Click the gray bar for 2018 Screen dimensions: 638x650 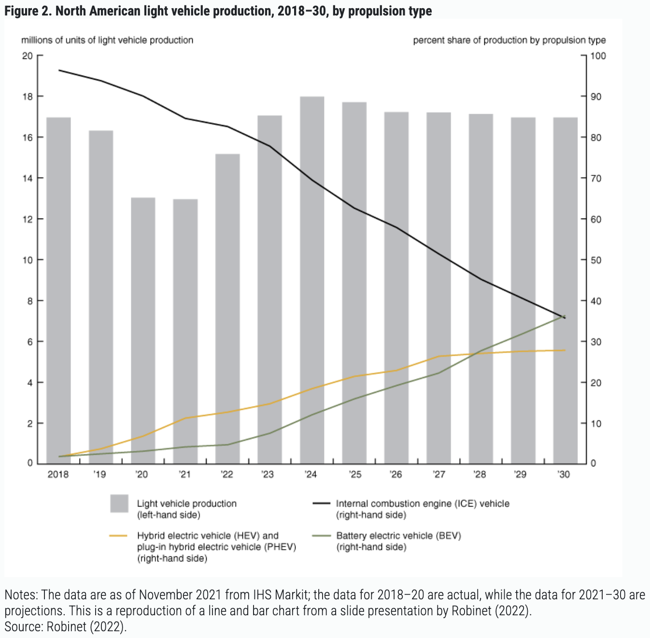58,290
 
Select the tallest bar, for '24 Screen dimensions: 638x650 312,280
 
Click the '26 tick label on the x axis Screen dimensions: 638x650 396,475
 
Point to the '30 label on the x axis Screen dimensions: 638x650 564,475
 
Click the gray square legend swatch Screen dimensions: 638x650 119,504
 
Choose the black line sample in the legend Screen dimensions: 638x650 321,504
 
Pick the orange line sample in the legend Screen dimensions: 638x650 118,536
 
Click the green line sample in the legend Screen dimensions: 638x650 321,536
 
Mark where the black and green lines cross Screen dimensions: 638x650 562,317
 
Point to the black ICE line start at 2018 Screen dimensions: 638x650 59,70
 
